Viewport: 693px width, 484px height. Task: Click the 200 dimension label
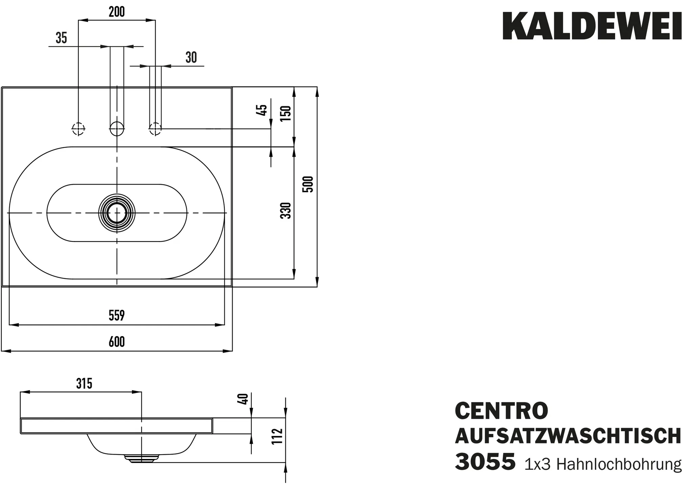coord(117,12)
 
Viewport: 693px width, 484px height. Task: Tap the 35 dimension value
coord(61,38)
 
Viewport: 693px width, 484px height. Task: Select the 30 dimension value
coord(191,58)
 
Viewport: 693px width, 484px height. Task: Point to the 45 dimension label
coord(263,110)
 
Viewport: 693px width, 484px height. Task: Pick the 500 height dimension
coord(308,184)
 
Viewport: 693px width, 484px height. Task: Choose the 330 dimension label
coord(286,211)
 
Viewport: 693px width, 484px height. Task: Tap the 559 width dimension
coord(117,316)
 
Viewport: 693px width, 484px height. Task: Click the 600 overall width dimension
coord(117,342)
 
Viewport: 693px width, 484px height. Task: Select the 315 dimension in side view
coord(84,384)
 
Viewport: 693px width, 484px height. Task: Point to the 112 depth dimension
coord(277,437)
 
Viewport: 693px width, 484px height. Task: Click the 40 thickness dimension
coord(244,399)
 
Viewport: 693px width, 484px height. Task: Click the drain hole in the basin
coord(117,213)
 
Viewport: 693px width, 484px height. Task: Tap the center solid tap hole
coord(117,129)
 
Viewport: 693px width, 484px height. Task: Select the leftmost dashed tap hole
coord(79,129)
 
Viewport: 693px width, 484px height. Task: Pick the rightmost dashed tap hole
coord(155,129)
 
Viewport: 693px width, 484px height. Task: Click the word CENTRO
coord(501,411)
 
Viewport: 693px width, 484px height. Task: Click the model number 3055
coord(485,462)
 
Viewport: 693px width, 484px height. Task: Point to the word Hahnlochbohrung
coord(619,464)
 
